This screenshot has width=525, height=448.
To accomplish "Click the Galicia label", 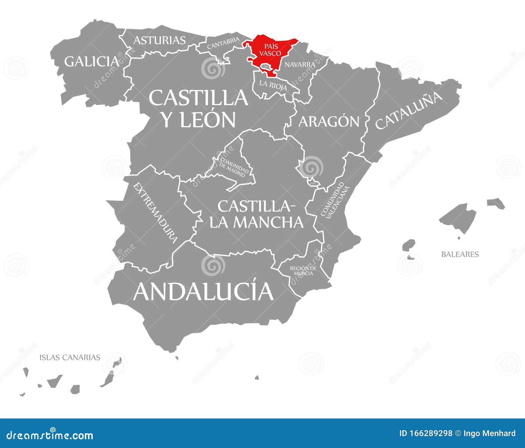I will (92, 61).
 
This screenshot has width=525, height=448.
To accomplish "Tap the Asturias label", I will (159, 40).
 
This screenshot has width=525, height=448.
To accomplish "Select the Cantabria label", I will (223, 44).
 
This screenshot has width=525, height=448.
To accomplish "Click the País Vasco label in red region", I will (270, 51).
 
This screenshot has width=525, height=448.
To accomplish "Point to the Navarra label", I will (300, 65).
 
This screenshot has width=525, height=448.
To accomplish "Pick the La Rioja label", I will (273, 85).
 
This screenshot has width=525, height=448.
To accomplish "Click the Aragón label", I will (329, 121).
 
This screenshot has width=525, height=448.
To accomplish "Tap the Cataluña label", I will (409, 111).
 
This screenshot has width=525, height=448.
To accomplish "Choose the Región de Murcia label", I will (303, 271).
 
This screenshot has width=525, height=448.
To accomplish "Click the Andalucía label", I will (203, 291).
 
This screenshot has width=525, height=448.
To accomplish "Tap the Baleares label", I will (460, 254).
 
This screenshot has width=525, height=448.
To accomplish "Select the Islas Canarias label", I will (70, 357).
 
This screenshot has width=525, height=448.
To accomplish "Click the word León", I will (208, 120).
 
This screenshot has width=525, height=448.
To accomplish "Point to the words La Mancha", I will (256, 222).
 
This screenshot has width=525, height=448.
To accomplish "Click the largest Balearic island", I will (458, 217).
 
